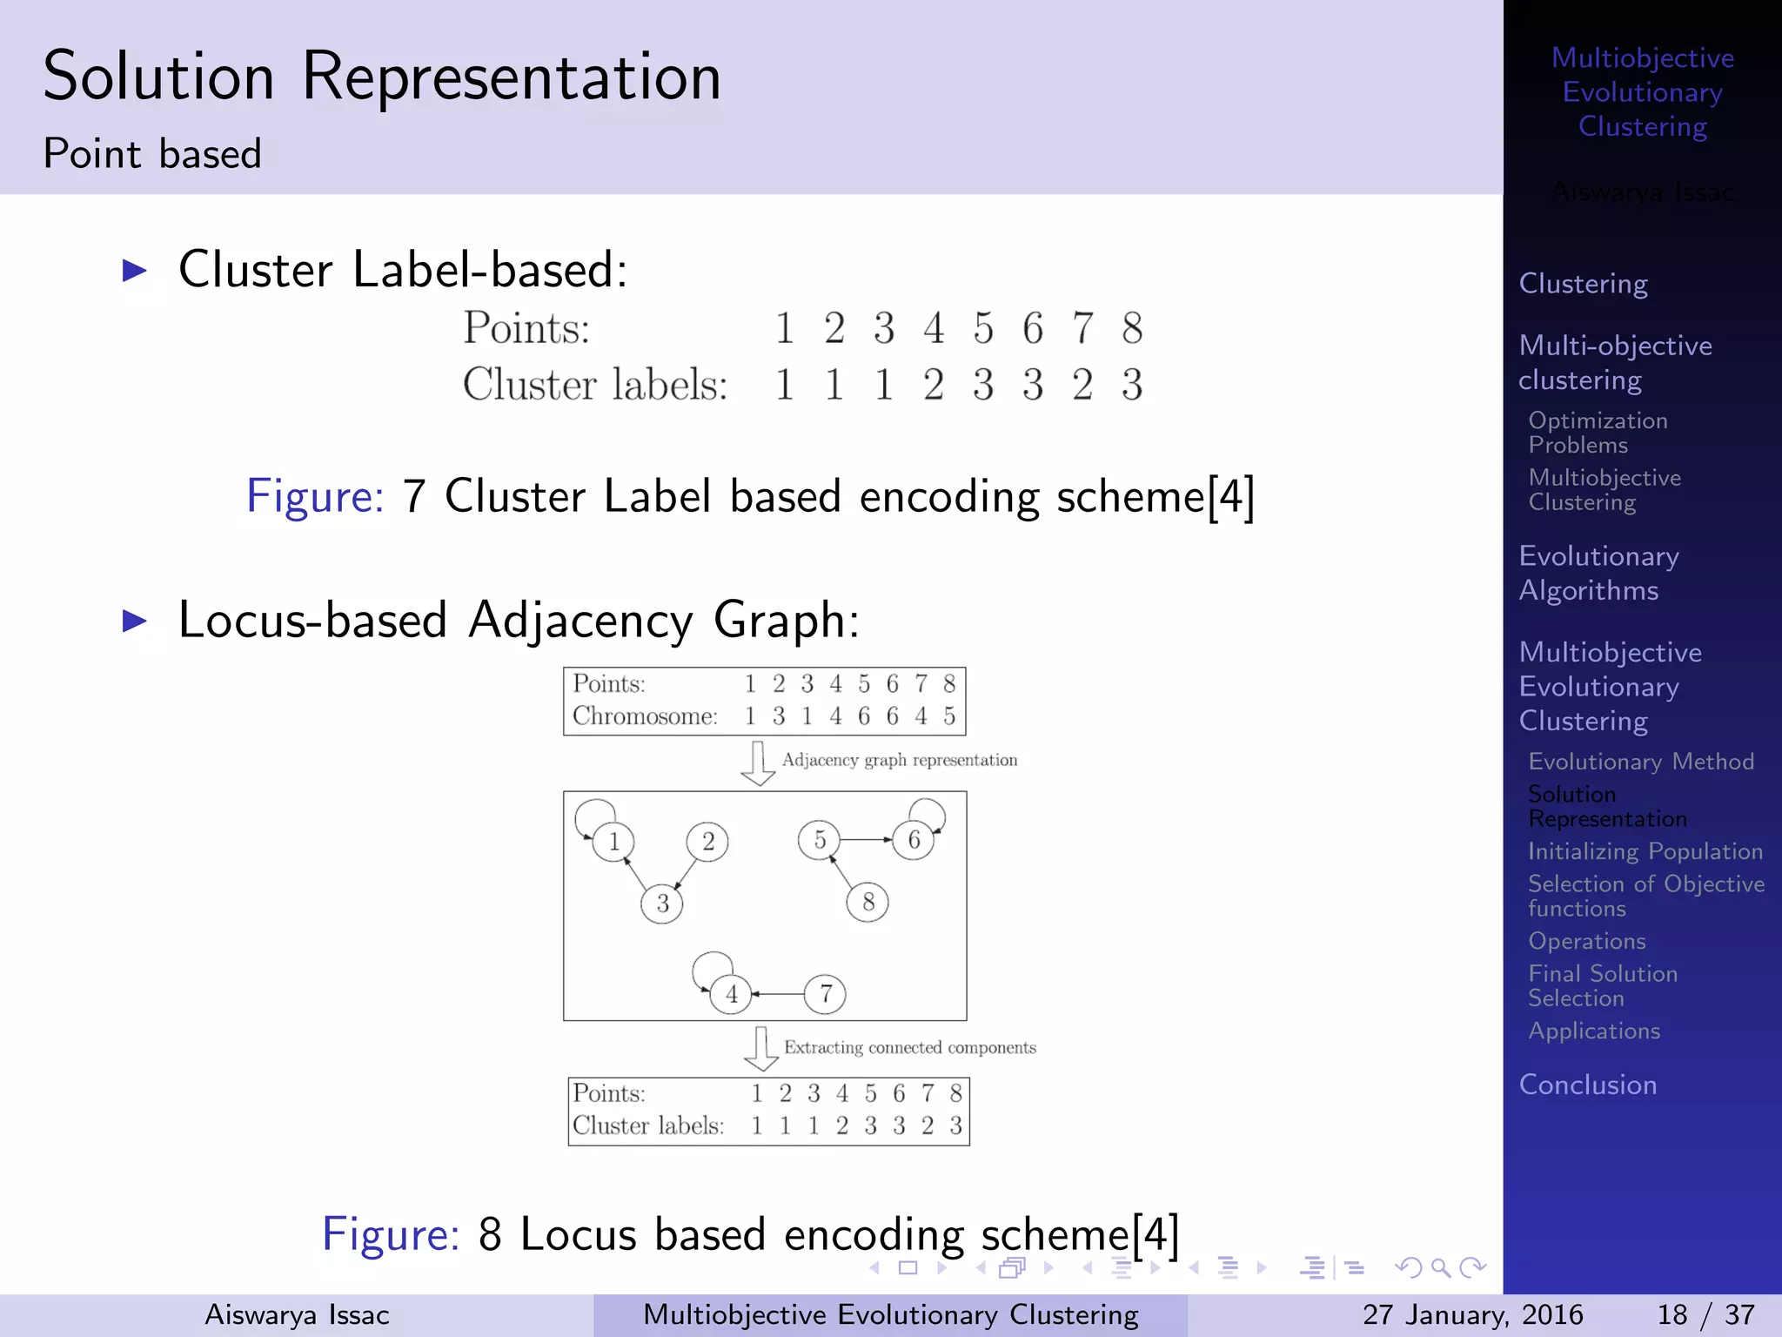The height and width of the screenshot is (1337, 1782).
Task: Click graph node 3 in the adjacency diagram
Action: click(x=662, y=903)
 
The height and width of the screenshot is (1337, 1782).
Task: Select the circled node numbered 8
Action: click(x=868, y=902)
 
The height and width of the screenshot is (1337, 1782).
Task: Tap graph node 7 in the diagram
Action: click(x=825, y=993)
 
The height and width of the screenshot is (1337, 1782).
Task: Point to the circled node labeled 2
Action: click(x=707, y=842)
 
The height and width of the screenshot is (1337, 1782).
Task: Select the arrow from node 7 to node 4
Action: click(x=778, y=993)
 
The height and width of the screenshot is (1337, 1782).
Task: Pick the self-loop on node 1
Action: click(x=594, y=815)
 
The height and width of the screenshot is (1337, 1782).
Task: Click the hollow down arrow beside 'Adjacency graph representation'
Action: click(x=758, y=763)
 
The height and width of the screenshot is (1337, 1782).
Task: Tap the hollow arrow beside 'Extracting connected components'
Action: click(x=761, y=1048)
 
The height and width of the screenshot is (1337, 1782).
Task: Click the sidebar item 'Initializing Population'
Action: click(x=1645, y=851)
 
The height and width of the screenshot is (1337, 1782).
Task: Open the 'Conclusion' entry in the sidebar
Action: click(x=1587, y=1085)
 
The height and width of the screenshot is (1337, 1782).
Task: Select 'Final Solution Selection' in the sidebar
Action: click(x=1602, y=985)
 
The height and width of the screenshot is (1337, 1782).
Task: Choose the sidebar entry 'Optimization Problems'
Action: click(x=1598, y=433)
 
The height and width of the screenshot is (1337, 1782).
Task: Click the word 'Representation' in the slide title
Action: click(x=512, y=78)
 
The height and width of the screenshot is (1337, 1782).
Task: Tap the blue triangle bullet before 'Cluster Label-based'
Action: click(x=135, y=270)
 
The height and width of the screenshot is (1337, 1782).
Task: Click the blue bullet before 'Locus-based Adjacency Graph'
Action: click(x=135, y=621)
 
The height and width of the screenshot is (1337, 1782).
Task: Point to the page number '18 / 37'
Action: click(x=1705, y=1314)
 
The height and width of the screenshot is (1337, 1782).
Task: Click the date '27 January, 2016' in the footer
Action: click(x=1472, y=1314)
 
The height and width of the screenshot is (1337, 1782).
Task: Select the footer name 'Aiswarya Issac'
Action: click(x=297, y=1314)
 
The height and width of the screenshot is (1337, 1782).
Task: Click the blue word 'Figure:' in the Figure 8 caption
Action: click(x=391, y=1233)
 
